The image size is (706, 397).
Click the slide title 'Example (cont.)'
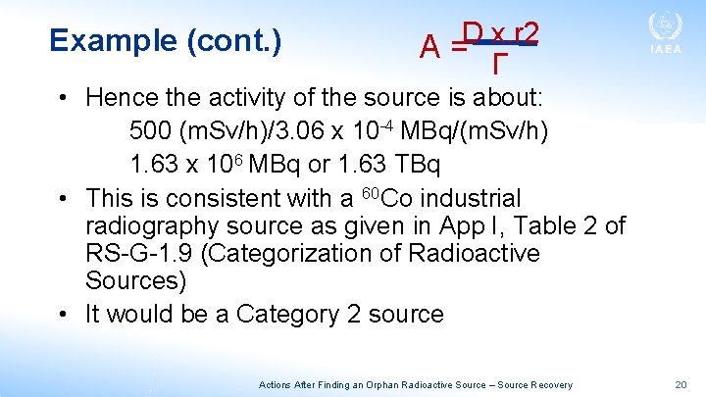tap(166, 40)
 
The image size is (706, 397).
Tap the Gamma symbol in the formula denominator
tap(499, 66)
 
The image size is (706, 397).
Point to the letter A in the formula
tap(429, 46)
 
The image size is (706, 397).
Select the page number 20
tap(681, 385)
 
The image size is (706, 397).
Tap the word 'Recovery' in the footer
tap(551, 385)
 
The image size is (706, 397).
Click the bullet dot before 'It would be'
tap(62, 315)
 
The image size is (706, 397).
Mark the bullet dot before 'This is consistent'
tap(62, 197)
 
